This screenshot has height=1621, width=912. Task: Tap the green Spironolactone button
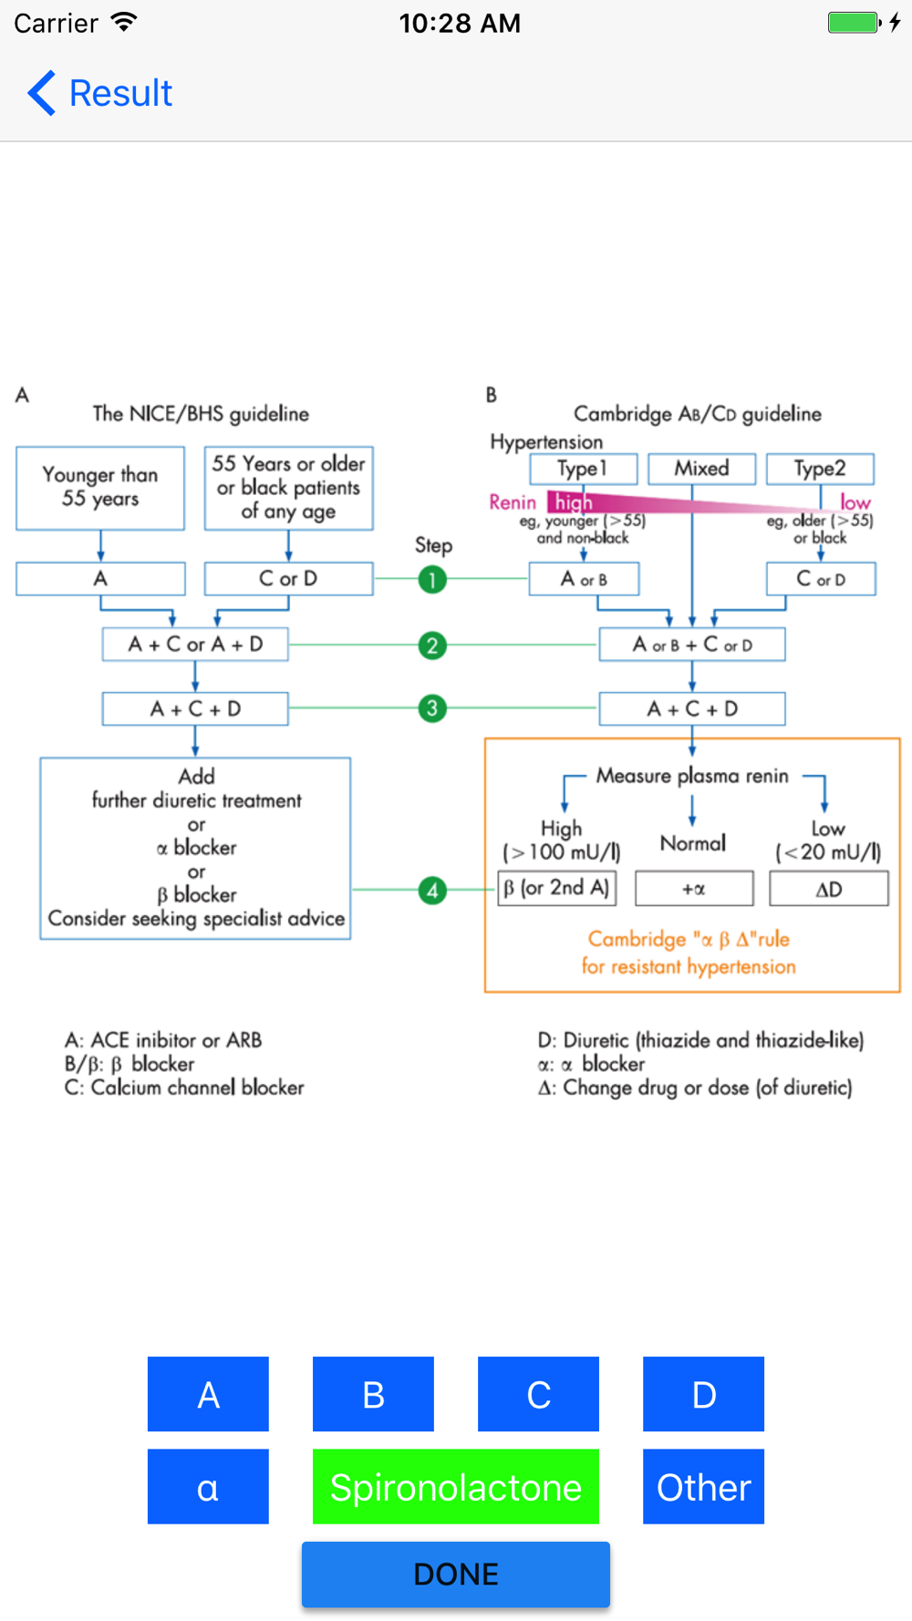(455, 1486)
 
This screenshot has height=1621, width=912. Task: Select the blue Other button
(703, 1486)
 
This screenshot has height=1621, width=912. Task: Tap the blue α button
(208, 1486)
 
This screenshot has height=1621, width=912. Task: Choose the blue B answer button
(373, 1394)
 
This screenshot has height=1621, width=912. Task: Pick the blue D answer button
(703, 1394)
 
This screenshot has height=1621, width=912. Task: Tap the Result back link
(100, 93)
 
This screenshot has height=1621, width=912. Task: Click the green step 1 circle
(432, 579)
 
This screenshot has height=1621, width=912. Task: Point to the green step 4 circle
(432, 890)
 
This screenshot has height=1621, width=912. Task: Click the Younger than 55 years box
(100, 488)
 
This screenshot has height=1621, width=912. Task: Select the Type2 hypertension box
(820, 469)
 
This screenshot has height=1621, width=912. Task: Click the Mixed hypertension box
(701, 469)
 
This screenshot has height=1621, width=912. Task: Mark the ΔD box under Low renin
(828, 889)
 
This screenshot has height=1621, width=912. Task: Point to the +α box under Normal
(694, 889)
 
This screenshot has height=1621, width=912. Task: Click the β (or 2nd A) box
(557, 888)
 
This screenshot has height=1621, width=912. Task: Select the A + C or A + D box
(195, 645)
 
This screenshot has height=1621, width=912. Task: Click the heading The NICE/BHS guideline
(201, 414)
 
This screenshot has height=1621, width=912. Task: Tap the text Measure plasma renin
(692, 776)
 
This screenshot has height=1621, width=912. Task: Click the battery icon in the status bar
(855, 23)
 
